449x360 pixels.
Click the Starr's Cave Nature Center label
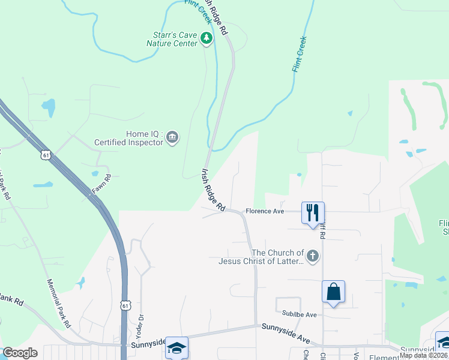coord(172,39)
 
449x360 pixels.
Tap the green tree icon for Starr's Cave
coord(207,39)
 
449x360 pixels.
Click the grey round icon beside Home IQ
coord(172,138)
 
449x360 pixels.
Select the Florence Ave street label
coord(264,211)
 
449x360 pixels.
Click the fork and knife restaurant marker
coord(313,213)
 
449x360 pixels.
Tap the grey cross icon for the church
coord(312,257)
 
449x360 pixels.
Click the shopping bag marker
coord(333,292)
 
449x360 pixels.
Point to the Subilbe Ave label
coord(299,314)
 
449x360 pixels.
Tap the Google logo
coord(20,353)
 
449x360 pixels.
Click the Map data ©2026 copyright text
coord(423,355)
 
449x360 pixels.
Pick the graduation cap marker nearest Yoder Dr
coord(177,347)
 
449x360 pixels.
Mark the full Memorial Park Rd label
coord(57,303)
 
